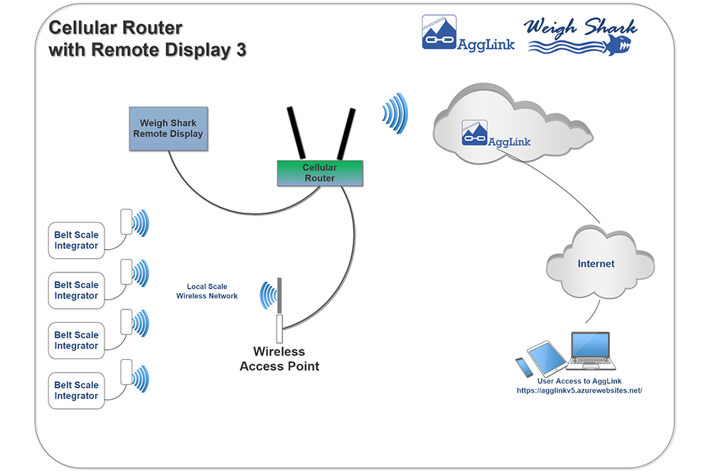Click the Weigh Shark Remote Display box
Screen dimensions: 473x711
[x=169, y=129]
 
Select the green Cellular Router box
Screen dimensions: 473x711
[x=319, y=173]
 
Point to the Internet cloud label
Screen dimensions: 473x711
[x=596, y=264]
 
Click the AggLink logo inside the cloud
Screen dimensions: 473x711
[x=496, y=135]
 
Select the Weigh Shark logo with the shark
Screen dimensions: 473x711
[x=581, y=36]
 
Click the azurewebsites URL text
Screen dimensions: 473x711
[x=579, y=390]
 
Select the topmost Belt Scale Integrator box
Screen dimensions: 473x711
[x=76, y=240]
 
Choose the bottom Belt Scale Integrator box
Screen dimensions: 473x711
[x=76, y=390]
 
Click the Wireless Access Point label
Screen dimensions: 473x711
[x=279, y=359]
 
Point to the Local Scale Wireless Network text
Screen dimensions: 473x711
[x=207, y=291]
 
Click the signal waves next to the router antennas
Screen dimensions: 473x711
[x=395, y=113]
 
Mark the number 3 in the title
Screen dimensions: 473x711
[x=241, y=51]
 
